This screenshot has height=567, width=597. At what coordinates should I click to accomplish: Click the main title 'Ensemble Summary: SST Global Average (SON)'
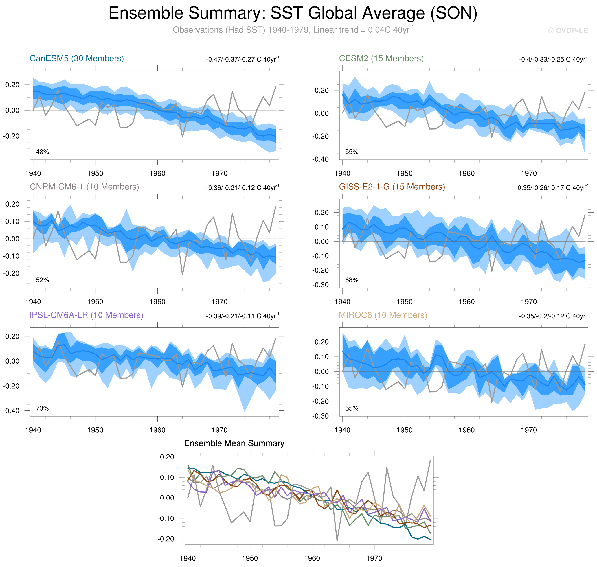click(293, 13)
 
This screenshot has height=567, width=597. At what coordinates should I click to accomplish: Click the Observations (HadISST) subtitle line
click(293, 30)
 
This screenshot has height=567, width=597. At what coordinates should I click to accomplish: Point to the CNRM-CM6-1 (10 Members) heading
click(84, 187)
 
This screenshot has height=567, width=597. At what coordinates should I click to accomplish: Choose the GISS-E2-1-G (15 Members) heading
click(392, 187)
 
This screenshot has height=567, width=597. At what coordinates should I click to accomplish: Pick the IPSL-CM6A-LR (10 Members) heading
click(86, 315)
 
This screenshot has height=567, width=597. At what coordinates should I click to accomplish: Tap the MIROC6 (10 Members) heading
click(383, 315)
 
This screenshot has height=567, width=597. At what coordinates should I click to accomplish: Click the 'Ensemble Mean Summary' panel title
click(234, 443)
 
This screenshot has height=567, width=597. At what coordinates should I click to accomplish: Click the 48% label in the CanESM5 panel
click(42, 152)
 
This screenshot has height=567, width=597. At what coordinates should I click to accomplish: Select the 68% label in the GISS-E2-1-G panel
click(352, 280)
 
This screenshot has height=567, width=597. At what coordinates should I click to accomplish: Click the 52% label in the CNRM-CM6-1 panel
click(42, 280)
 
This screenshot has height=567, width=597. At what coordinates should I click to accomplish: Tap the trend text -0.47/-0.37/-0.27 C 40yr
click(243, 59)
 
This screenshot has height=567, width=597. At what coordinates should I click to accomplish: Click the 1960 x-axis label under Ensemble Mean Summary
click(312, 558)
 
